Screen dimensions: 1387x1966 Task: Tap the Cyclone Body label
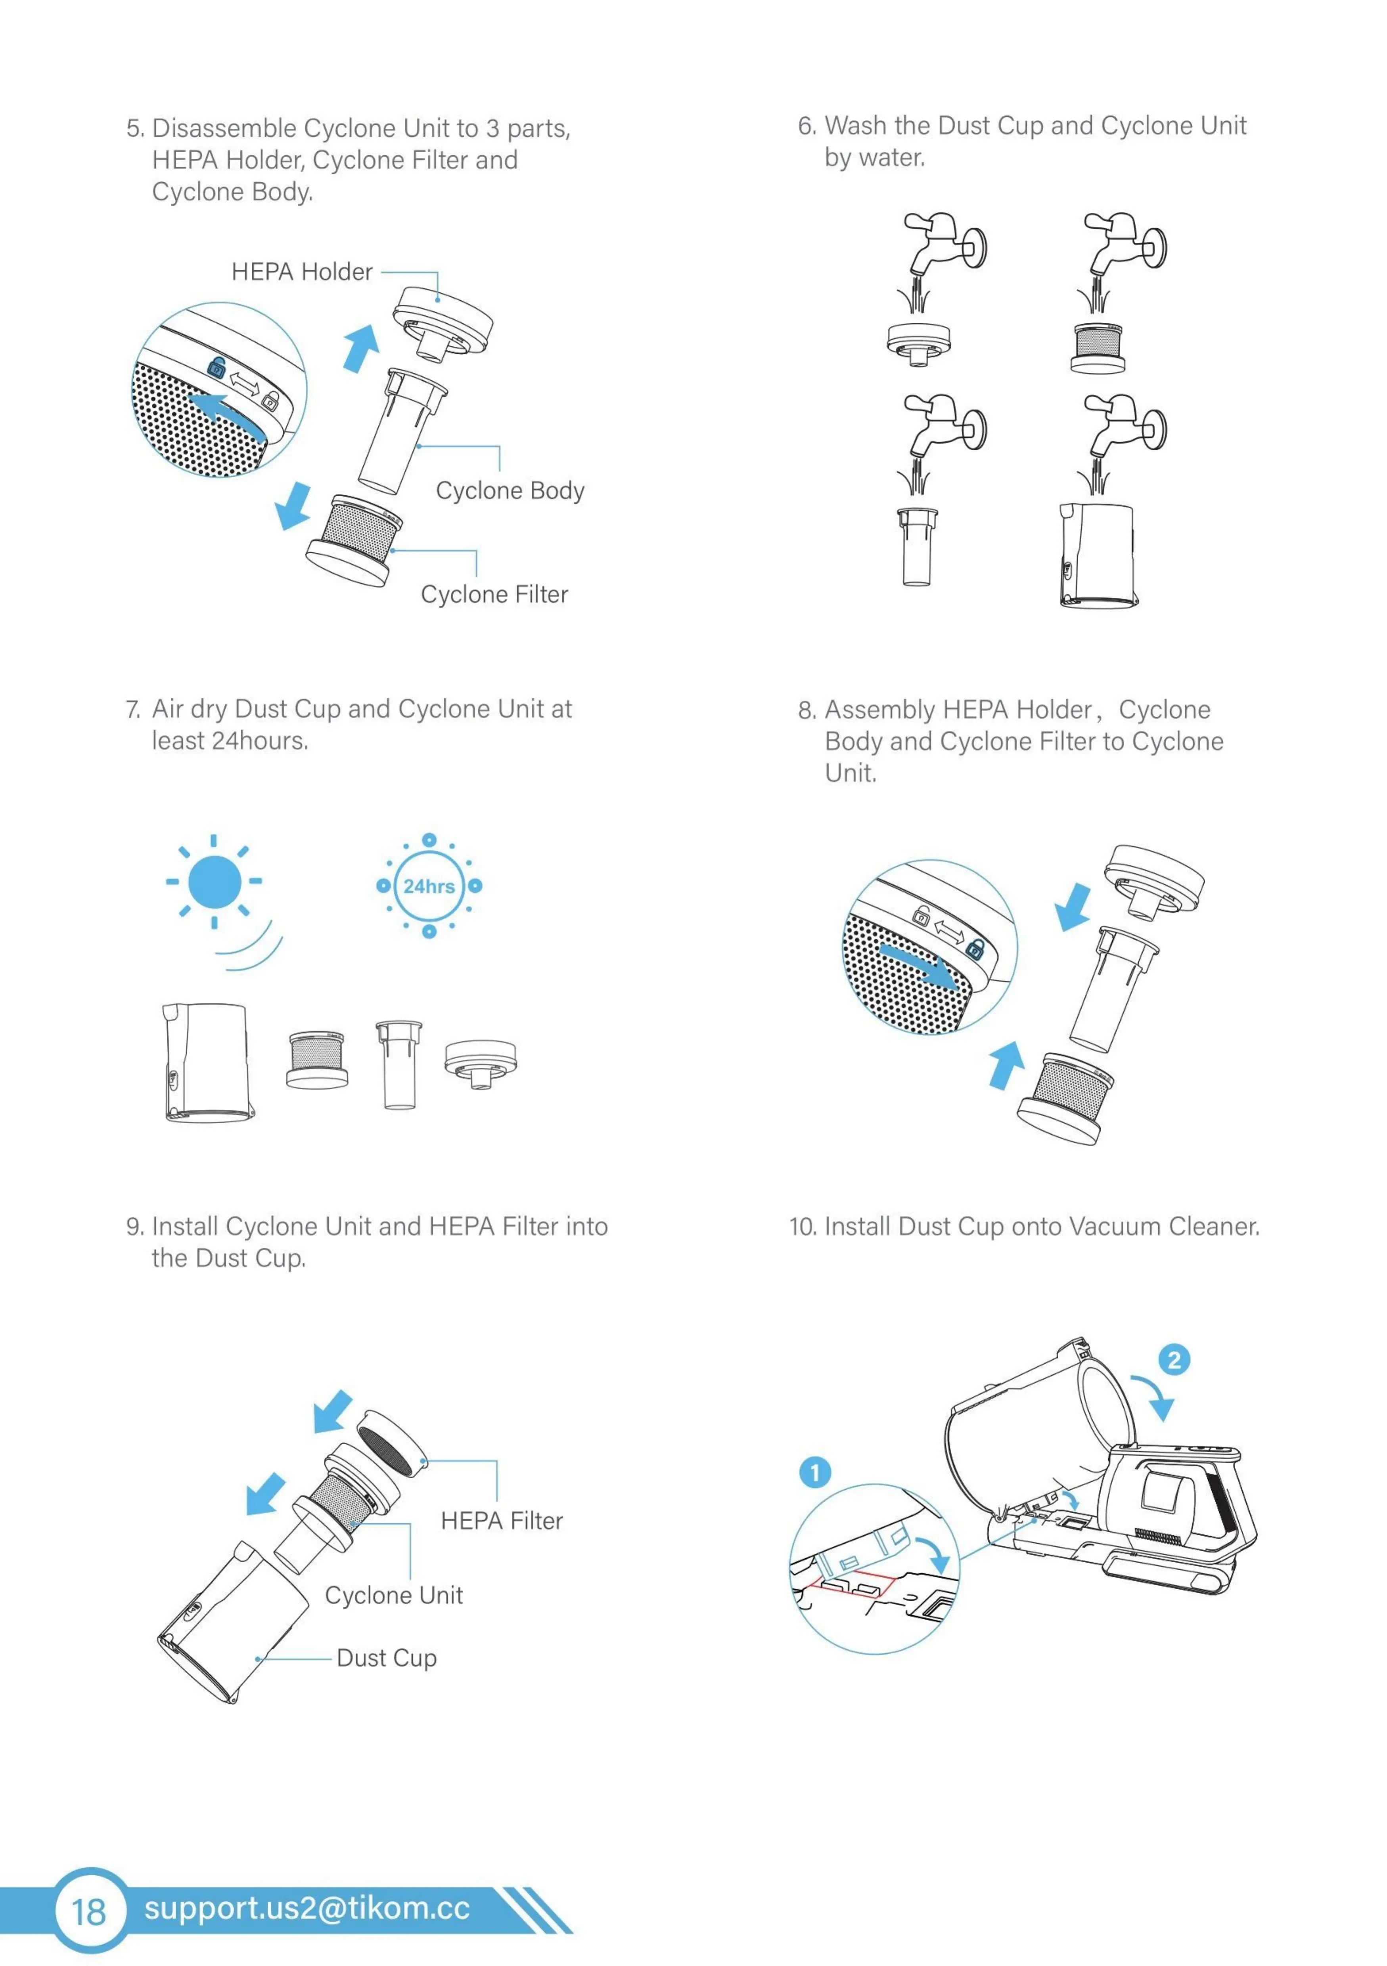point(510,491)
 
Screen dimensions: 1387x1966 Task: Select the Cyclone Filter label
point(494,594)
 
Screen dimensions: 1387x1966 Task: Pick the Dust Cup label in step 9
point(386,1658)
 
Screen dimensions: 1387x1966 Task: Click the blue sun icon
point(214,881)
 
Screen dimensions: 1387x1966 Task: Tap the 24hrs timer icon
point(429,886)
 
